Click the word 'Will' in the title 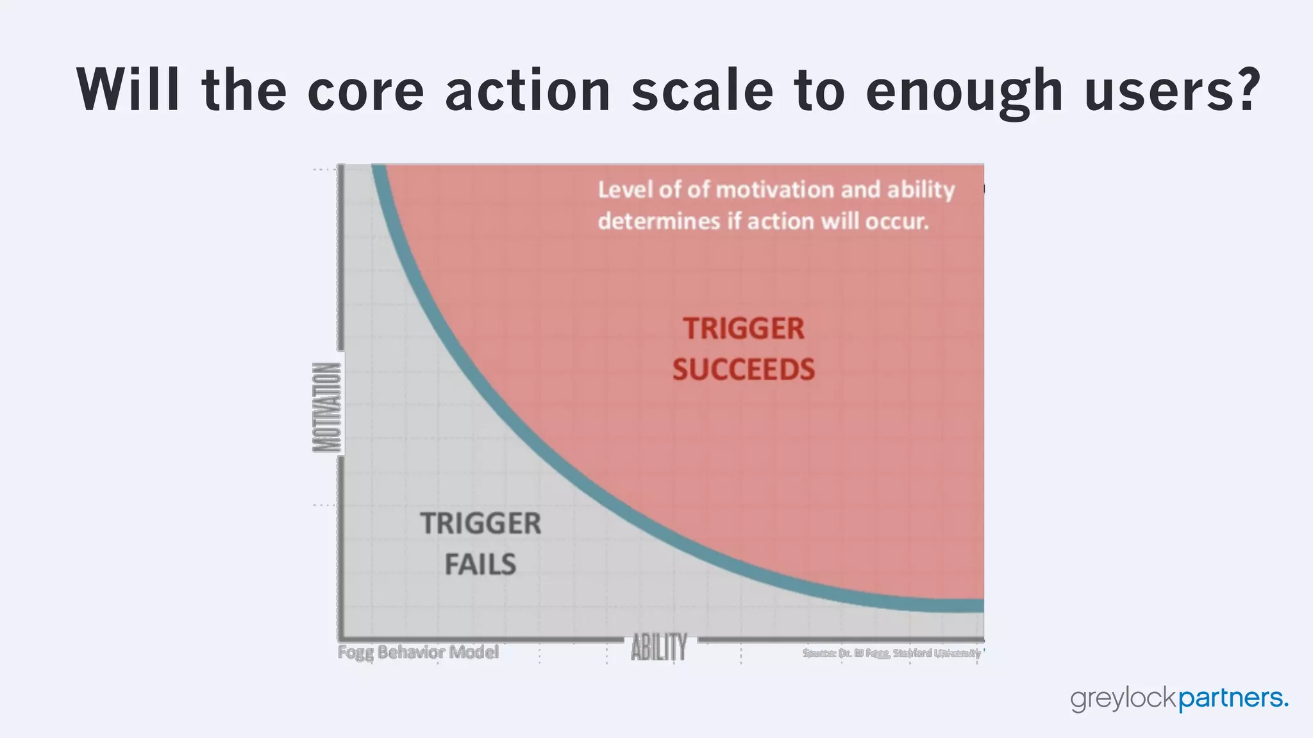(128, 90)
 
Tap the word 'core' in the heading (365, 90)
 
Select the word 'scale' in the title (701, 90)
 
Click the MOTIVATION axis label (327, 407)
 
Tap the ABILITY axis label (658, 647)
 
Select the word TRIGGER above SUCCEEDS (743, 329)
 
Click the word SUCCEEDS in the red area (743, 370)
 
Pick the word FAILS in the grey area (480, 564)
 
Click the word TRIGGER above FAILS (481, 523)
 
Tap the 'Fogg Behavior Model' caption (418, 652)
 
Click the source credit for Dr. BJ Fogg (891, 653)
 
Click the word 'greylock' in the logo (1123, 698)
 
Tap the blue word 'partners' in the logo (1230, 698)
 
